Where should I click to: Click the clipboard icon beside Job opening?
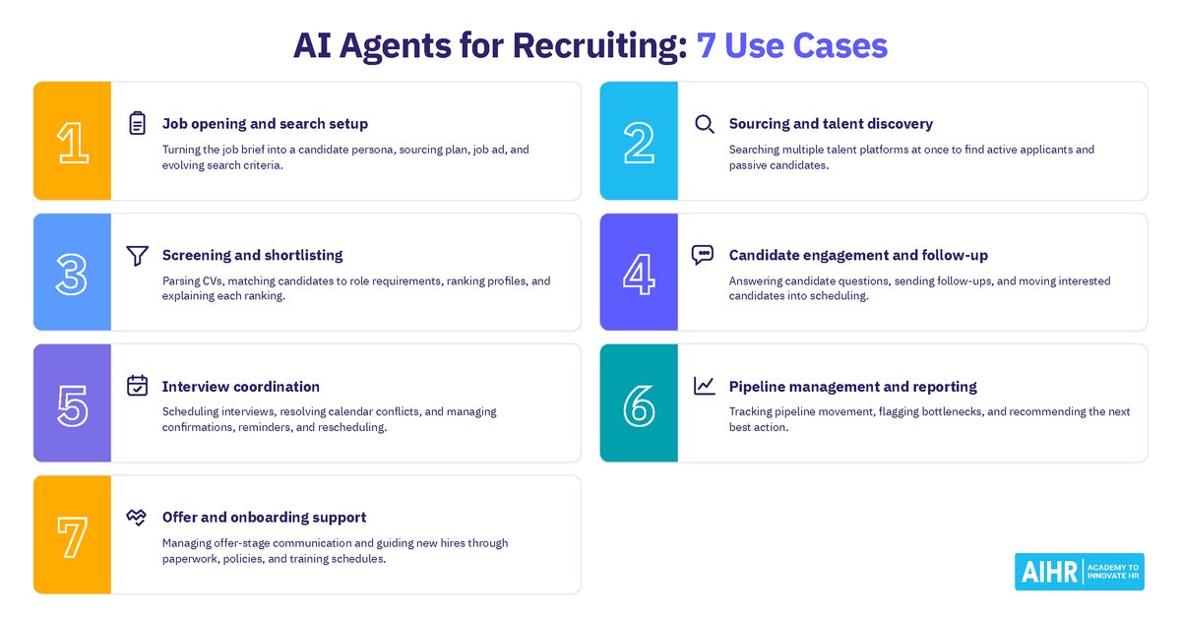(x=137, y=123)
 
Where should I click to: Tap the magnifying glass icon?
(x=705, y=124)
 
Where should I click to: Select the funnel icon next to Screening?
(x=137, y=256)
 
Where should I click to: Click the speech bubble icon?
(x=703, y=255)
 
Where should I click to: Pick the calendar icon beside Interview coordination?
(x=137, y=386)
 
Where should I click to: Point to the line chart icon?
(x=705, y=386)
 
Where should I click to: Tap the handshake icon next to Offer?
(x=136, y=518)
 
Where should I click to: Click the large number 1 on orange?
(x=72, y=143)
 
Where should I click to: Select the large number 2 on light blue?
(x=639, y=143)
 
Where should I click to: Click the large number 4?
(x=639, y=274)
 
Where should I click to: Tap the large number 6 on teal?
(x=639, y=404)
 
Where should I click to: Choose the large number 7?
(x=72, y=537)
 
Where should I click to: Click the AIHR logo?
(x=1080, y=572)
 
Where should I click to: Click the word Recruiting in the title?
(x=600, y=46)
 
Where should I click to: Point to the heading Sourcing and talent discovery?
(x=831, y=123)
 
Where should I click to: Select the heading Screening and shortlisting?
(x=253, y=255)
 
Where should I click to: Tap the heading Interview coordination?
(x=241, y=387)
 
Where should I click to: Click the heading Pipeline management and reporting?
(x=853, y=387)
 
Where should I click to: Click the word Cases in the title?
(x=840, y=46)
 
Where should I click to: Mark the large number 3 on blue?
(x=72, y=274)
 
